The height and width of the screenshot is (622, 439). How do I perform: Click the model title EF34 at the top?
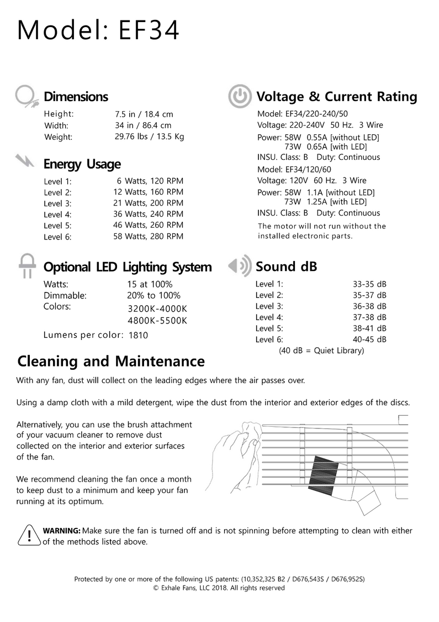pos(98,30)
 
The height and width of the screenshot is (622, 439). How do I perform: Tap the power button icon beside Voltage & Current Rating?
pos(240,97)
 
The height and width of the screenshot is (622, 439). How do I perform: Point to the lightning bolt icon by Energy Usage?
pos(26,161)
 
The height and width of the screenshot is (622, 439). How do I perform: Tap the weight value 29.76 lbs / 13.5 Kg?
pos(149,137)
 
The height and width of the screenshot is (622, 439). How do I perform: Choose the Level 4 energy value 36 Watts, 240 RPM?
pos(146,214)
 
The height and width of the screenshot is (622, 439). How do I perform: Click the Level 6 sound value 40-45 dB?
pos(369,339)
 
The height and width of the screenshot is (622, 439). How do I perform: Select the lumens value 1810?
pos(138,335)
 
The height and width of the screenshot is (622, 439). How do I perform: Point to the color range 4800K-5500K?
pos(157,321)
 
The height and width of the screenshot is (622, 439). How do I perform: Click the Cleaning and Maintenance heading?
pos(111,362)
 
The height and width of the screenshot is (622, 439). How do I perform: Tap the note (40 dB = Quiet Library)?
pos(321,351)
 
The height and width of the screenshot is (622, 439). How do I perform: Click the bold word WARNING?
pos(62,531)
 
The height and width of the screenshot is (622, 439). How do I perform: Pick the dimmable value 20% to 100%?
pos(154,295)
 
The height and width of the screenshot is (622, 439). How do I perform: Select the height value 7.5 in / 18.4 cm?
pos(144,114)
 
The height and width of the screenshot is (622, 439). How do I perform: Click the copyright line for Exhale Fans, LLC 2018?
pos(219,588)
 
